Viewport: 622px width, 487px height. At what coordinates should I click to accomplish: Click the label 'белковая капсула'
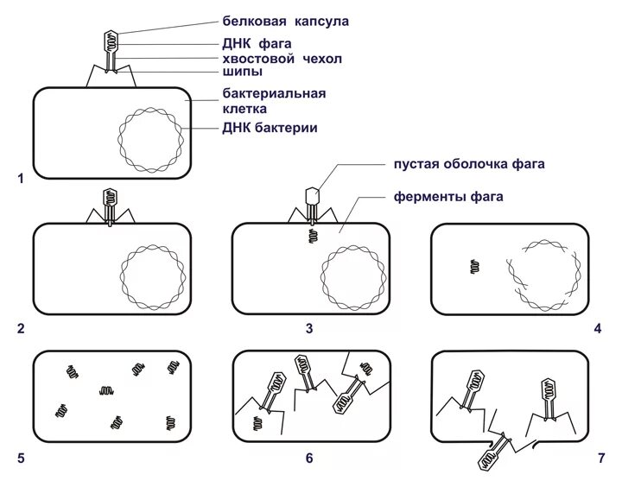285,21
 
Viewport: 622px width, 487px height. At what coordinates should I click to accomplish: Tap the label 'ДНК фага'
256,43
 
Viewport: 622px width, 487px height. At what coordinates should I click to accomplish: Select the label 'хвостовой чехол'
282,58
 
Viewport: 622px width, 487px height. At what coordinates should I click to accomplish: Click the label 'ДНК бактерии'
269,128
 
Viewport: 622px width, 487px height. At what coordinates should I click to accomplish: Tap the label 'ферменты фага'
448,197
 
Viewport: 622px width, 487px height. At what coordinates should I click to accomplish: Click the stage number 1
20,179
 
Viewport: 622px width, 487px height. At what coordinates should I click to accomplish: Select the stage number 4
598,329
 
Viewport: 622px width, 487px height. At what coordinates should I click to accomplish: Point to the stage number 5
20,459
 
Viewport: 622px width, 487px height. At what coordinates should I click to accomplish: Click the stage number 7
601,459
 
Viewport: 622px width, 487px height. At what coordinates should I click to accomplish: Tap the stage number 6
308,459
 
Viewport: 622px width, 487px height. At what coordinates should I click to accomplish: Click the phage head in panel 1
111,41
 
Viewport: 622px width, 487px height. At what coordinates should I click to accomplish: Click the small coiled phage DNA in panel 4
474,268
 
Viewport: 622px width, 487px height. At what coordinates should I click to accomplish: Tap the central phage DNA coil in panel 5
107,391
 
